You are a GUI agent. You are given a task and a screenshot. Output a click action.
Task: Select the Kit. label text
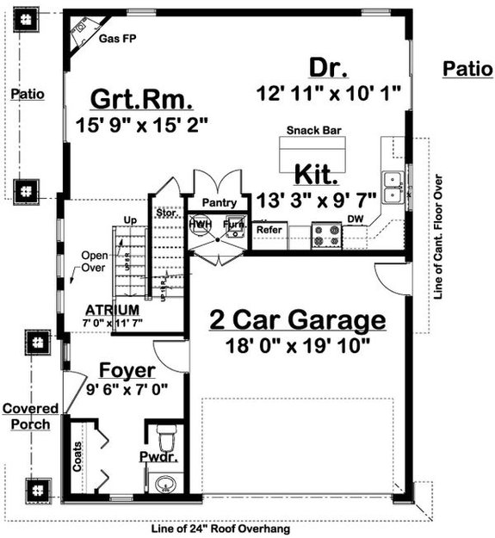(317, 176)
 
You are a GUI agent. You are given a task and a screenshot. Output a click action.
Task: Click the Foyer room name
(127, 371)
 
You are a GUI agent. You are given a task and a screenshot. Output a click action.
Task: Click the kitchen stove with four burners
(327, 235)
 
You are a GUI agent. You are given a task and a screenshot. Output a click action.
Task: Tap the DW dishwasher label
(355, 220)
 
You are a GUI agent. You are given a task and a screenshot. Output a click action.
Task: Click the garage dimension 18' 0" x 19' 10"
(297, 346)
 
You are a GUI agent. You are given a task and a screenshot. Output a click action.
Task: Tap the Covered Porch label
(29, 417)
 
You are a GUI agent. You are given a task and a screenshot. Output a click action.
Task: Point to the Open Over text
(92, 263)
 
